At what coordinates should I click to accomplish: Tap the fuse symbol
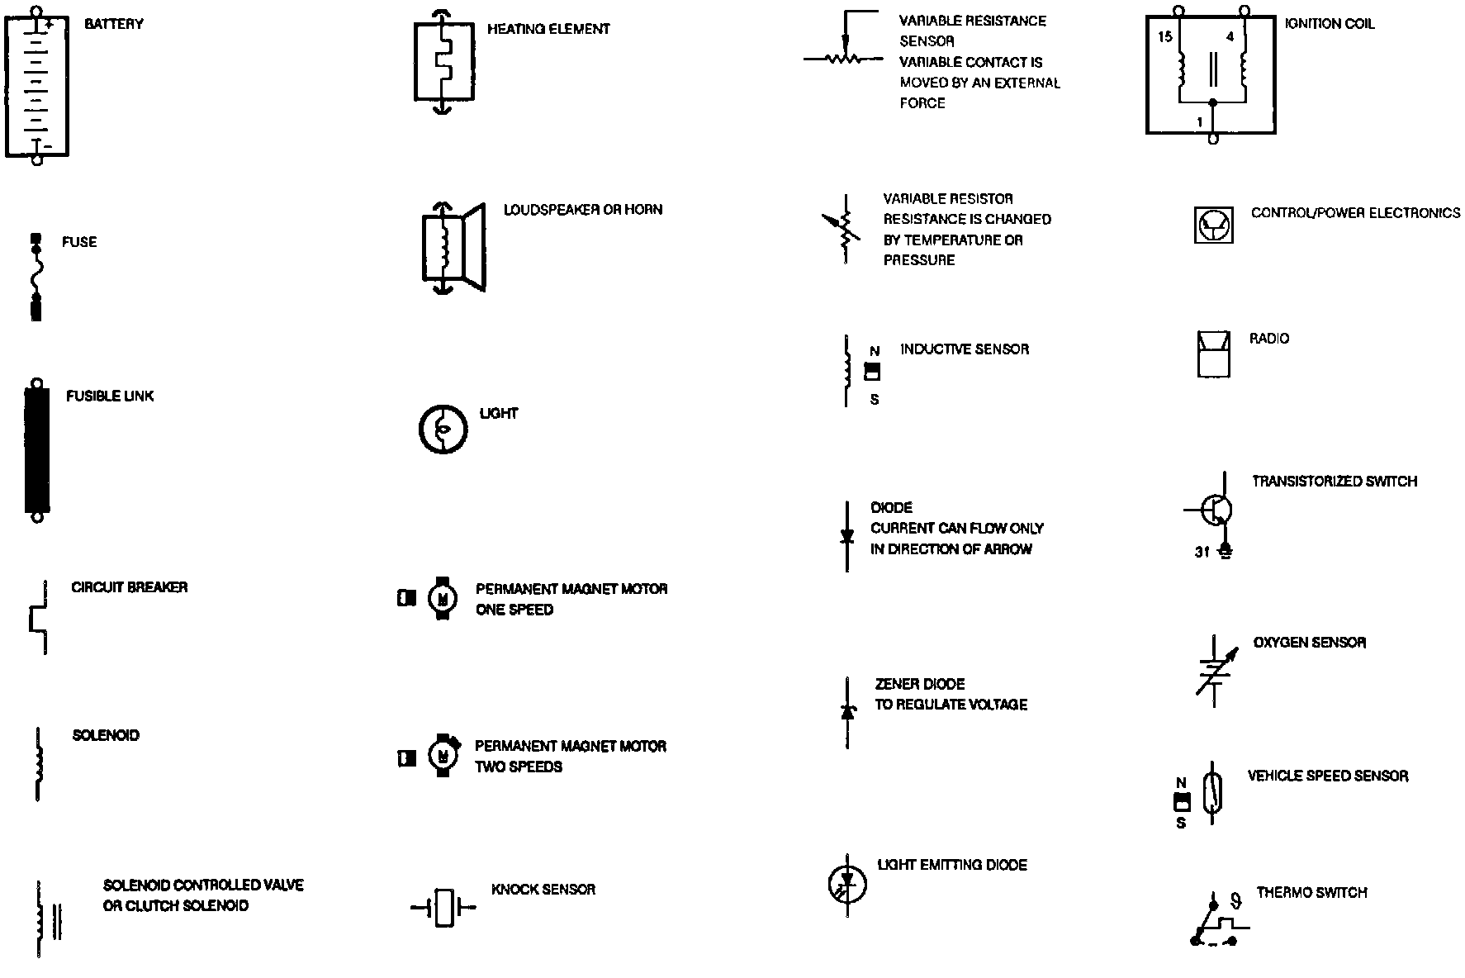click(36, 278)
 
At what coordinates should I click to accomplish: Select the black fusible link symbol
click(37, 450)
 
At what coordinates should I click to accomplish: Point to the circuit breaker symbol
click(39, 618)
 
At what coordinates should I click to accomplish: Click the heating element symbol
click(443, 62)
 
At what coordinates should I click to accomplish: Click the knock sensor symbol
click(444, 908)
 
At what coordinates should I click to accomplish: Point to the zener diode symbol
click(847, 711)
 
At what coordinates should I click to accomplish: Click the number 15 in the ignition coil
click(1164, 36)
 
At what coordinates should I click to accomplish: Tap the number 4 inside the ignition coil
click(1230, 36)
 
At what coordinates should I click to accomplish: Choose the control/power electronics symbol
click(1214, 225)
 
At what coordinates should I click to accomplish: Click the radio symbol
click(1213, 354)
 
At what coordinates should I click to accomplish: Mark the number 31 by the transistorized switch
click(1202, 552)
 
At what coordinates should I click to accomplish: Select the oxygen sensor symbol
click(1215, 670)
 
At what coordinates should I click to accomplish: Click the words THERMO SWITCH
click(1311, 892)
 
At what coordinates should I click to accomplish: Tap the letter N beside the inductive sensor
click(875, 351)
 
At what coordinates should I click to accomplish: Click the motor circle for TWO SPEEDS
click(443, 755)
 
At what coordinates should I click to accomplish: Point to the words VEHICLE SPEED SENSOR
click(1327, 776)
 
